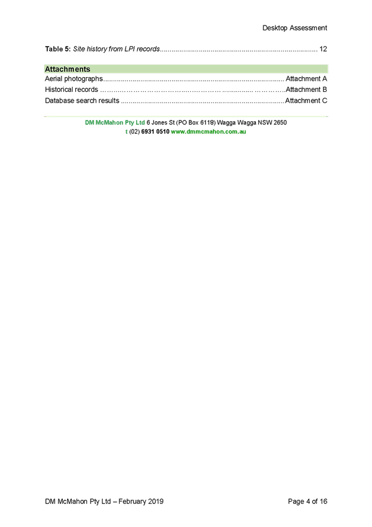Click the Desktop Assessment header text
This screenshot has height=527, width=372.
(294, 28)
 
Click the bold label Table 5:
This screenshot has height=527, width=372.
(58, 49)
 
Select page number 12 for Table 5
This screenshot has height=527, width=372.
(323, 49)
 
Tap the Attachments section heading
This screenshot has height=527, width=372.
(68, 69)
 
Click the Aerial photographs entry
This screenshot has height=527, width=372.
(74, 79)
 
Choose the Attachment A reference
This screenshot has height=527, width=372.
(306, 79)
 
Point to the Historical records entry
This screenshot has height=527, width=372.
(71, 89)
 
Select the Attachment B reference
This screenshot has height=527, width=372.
(306, 89)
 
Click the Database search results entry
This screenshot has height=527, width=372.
(82, 101)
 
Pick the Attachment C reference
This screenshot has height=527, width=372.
(306, 101)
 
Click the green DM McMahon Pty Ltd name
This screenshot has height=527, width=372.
(115, 122)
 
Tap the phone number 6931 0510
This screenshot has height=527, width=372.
(155, 132)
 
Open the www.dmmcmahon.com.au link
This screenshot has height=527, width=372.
(209, 132)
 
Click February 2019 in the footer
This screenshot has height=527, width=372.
(141, 502)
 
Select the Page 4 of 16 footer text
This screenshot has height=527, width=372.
(307, 502)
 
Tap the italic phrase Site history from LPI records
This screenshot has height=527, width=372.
(117, 49)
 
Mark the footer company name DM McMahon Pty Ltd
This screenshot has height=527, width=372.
(78, 502)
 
